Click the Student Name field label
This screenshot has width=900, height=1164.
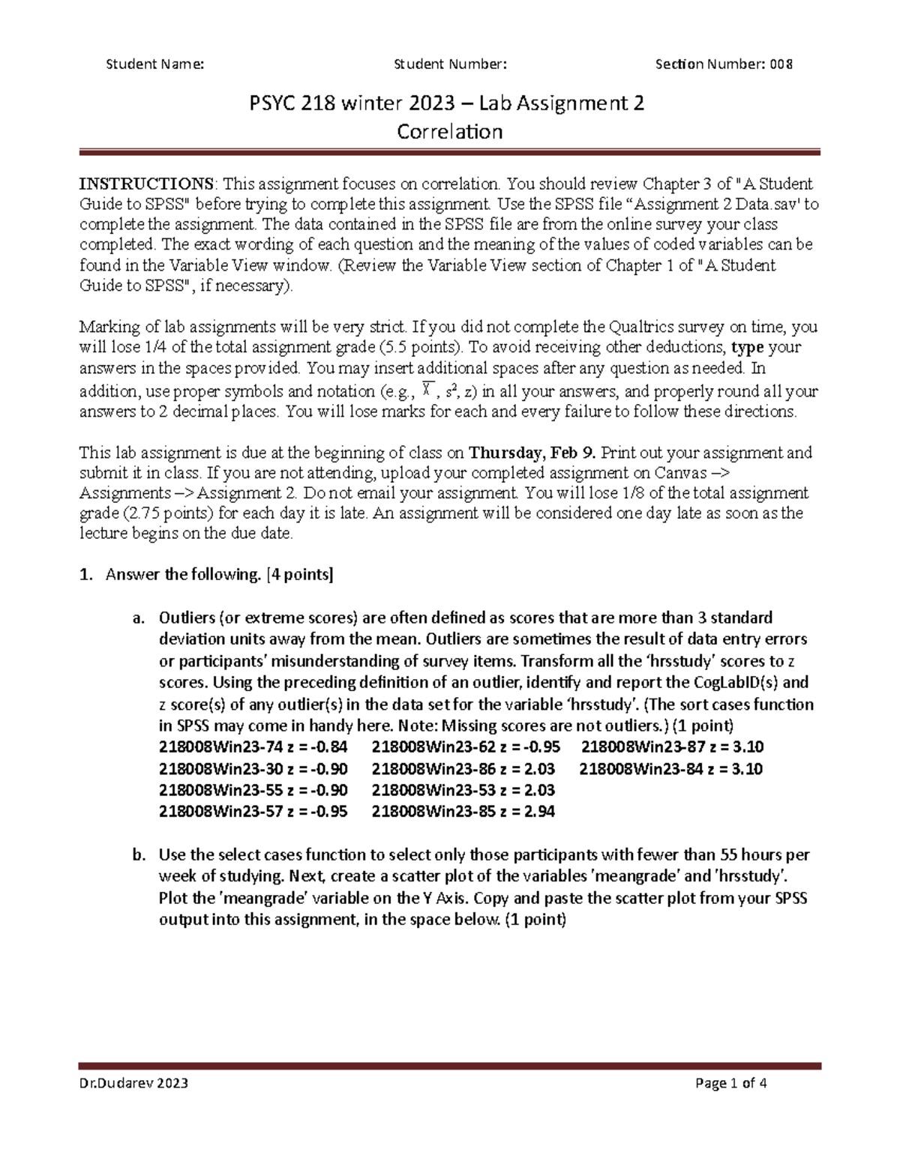pos(155,64)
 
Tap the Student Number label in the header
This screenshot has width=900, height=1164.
pos(450,64)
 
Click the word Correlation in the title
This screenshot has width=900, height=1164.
pos(449,132)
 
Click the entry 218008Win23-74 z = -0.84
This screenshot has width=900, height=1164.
pos(253,747)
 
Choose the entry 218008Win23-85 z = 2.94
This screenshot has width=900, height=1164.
pos(463,811)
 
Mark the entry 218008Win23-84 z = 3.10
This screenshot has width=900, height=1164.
pos(671,769)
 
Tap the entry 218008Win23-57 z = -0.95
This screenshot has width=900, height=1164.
pos(253,811)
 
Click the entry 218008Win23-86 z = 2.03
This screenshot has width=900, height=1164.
pos(463,769)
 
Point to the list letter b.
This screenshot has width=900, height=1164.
pos(137,855)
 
